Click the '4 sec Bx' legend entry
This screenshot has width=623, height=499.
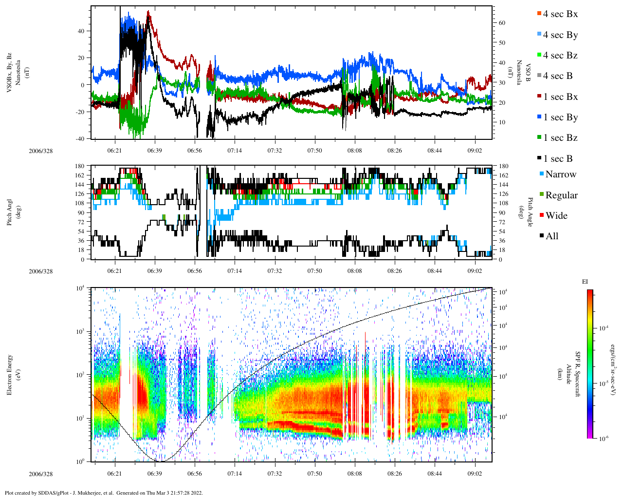[560, 14]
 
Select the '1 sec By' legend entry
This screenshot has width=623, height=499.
[560, 117]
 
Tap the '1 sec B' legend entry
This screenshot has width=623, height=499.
[558, 159]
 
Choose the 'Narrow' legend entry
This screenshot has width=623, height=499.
[560, 174]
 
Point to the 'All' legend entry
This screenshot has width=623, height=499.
[551, 236]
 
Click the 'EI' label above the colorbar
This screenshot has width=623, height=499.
[585, 282]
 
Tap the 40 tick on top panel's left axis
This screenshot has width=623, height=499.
[81, 31]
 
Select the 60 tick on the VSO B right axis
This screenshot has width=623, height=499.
[502, 23]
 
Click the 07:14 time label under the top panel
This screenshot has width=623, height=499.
[235, 151]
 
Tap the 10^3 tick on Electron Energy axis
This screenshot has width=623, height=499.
[81, 331]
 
